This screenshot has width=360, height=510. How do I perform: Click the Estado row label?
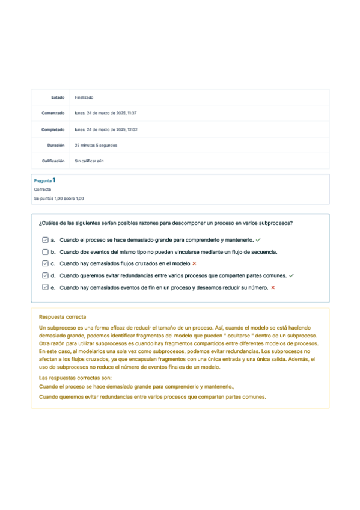pyautogui.click(x=58, y=97)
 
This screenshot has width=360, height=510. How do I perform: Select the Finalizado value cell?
pyautogui.click(x=84, y=97)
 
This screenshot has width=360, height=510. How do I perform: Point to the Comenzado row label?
pyautogui.click(x=53, y=113)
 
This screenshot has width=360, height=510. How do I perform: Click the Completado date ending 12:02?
pyautogui.click(x=106, y=129)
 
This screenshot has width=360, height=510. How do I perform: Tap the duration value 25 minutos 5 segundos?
pyautogui.click(x=96, y=145)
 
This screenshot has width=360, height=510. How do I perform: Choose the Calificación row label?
pyautogui.click(x=53, y=161)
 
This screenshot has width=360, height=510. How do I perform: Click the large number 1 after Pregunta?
pyautogui.click(x=55, y=180)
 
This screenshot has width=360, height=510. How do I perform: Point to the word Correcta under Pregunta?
pyautogui.click(x=43, y=189)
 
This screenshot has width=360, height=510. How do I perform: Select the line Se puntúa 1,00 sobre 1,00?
pyautogui.click(x=59, y=198)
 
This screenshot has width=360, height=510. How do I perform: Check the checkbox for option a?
pyautogui.click(x=46, y=239)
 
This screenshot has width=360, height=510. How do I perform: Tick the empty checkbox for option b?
pyautogui.click(x=46, y=251)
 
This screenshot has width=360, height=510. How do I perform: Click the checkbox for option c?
pyautogui.click(x=46, y=263)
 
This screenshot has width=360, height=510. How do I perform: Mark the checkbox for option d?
pyautogui.click(x=46, y=275)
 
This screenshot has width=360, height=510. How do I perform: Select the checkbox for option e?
pyautogui.click(x=46, y=287)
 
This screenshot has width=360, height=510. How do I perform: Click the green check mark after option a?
pyautogui.click(x=258, y=239)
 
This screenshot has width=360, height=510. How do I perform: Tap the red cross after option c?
pyautogui.click(x=194, y=263)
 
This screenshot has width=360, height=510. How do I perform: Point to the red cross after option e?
pyautogui.click(x=273, y=287)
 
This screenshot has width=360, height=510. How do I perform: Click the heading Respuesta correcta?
pyautogui.click(x=63, y=317)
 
